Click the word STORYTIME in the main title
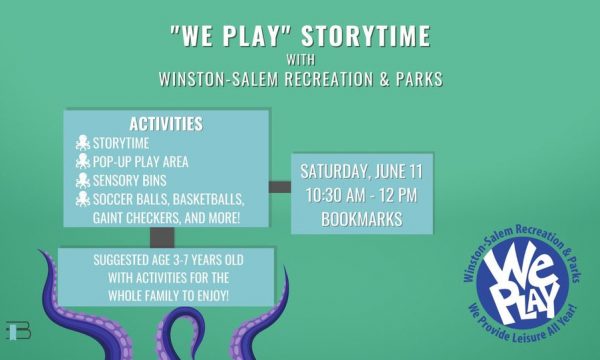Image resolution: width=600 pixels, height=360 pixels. click(x=366, y=36)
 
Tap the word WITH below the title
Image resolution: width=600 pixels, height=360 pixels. click(x=301, y=60)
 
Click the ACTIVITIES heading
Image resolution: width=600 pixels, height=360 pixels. click(x=166, y=124)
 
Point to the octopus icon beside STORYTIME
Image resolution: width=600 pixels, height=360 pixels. click(x=83, y=143)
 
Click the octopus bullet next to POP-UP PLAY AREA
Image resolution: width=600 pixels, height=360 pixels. click(x=83, y=161)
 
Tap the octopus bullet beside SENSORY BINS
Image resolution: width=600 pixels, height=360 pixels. click(x=83, y=180)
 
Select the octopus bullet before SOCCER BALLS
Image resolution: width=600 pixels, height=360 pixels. click(x=83, y=199)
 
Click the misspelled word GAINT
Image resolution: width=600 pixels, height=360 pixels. click(x=108, y=218)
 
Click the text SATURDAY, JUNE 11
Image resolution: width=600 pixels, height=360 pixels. click(x=361, y=171)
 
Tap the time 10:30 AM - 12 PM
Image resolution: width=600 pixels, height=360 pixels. click(x=361, y=195)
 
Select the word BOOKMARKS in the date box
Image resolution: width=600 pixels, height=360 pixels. click(x=362, y=219)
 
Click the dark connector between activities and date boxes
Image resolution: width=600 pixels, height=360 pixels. click(x=280, y=187)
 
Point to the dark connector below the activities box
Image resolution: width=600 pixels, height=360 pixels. click(x=162, y=238)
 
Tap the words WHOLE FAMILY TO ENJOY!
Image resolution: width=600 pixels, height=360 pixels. click(x=169, y=296)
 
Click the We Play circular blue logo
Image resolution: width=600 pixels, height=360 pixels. click(x=522, y=283)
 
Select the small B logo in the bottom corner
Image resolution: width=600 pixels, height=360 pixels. click(x=18, y=331)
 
